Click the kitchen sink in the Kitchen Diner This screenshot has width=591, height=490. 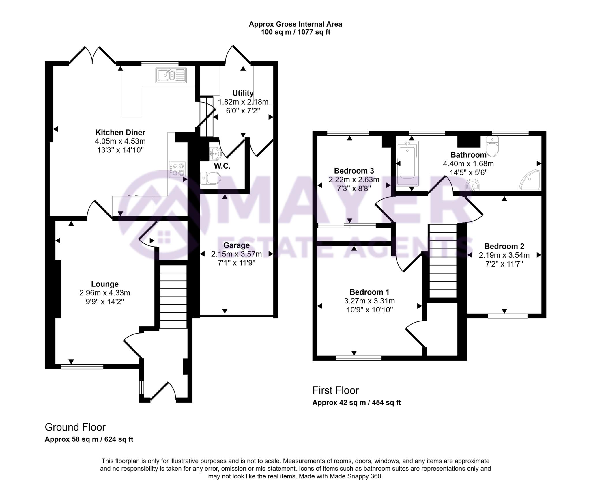point(171,75)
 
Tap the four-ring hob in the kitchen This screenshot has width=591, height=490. point(177,169)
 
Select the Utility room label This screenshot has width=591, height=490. point(243,93)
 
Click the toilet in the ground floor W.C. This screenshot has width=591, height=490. point(210,178)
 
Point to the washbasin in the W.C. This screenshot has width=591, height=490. point(215,153)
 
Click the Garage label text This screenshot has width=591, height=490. point(236,245)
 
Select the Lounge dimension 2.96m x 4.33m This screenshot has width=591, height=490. point(105,293)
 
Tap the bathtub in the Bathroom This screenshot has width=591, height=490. point(407,163)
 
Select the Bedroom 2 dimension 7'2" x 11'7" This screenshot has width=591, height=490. point(504,264)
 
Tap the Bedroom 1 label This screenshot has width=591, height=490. point(369,292)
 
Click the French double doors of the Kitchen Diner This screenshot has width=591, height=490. point(92,55)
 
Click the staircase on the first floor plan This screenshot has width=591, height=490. point(442,261)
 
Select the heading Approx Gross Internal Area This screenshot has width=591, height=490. point(295,24)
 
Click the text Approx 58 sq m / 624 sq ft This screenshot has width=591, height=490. point(89,439)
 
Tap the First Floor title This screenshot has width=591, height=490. point(335,390)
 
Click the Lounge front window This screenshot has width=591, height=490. point(82,367)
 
